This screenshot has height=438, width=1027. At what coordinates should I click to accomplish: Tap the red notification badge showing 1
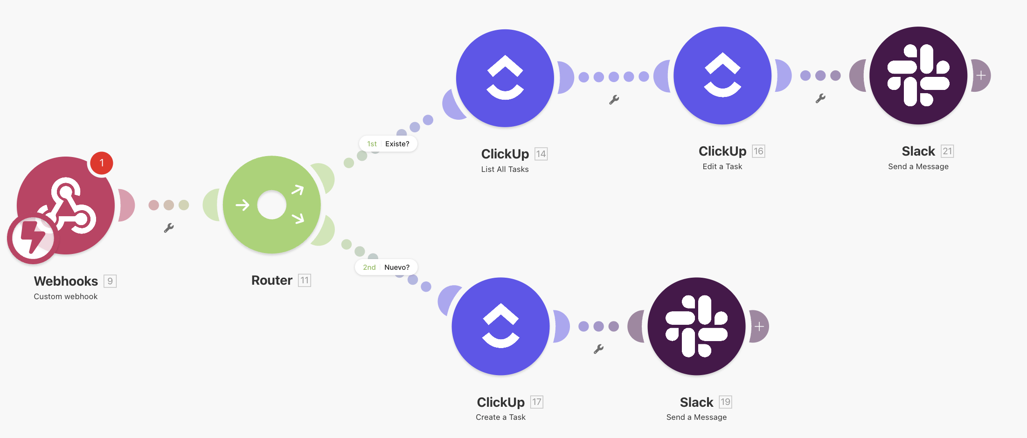pos(101,163)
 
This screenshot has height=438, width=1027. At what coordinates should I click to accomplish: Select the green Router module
pos(271,205)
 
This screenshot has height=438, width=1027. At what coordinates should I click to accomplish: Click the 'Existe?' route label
pos(397,144)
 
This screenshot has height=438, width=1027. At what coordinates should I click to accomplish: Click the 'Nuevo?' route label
pos(396,267)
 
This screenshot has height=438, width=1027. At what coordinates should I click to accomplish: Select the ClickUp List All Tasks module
pos(505,78)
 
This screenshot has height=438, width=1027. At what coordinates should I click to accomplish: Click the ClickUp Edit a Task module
pos(722,75)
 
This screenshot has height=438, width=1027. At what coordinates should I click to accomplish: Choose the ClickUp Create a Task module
pos(500,326)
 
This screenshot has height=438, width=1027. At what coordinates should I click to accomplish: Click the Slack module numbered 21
pos(918,75)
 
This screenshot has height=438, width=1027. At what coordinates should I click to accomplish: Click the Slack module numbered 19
pos(696,326)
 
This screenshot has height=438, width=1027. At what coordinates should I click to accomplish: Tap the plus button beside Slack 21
pos(981,75)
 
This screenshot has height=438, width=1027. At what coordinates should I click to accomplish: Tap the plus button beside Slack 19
pos(759,326)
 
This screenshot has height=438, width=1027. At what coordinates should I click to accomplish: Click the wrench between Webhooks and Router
pos(169,228)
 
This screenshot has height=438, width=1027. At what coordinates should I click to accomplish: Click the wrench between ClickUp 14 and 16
pos(614,100)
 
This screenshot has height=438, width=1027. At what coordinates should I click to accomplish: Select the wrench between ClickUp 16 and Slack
pos(820,98)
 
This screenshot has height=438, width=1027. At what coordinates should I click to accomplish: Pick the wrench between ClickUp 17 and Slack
pos(598,349)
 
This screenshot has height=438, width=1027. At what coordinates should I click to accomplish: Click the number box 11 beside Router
pos(304,280)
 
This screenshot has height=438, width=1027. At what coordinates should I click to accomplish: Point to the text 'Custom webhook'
pos(66,296)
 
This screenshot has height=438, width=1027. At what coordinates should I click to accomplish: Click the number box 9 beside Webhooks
pos(110,281)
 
